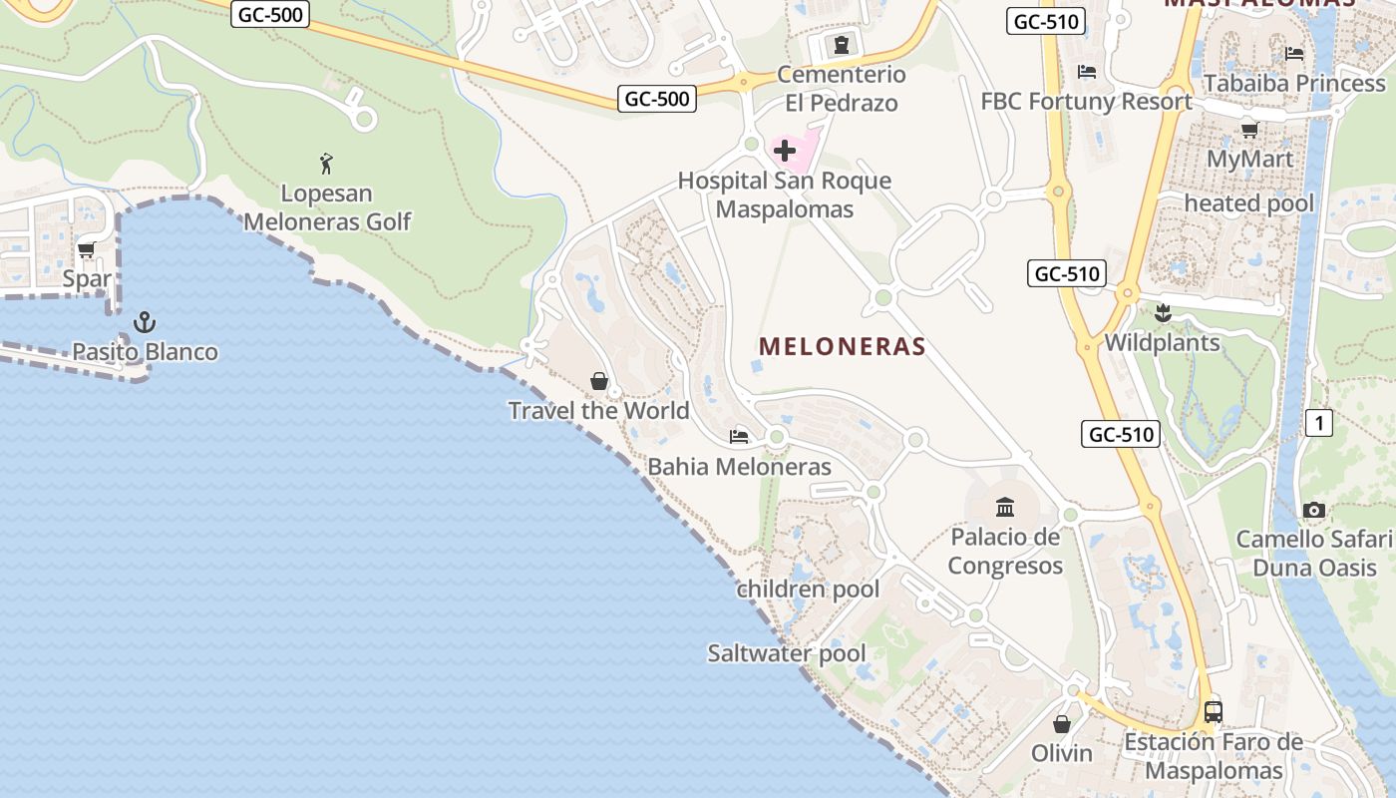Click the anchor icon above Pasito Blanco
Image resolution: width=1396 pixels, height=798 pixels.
(146, 321)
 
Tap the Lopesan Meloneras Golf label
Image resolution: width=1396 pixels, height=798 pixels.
(327, 207)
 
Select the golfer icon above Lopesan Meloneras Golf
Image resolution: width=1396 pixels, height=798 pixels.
(326, 163)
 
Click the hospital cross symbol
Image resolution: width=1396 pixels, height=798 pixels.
(785, 151)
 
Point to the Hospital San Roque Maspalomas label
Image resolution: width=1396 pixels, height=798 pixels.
(785, 196)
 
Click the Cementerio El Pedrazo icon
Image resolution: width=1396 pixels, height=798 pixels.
(842, 44)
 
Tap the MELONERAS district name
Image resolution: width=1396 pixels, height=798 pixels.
(843, 346)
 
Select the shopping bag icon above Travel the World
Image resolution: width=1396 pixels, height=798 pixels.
(599, 380)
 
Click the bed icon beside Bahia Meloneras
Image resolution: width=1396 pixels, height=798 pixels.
(739, 436)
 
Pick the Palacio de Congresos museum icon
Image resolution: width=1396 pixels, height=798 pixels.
(1005, 507)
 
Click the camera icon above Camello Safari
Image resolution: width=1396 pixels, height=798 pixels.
(1314, 510)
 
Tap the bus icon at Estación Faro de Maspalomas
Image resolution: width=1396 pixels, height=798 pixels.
(1214, 712)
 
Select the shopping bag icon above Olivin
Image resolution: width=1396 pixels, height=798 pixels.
(1062, 723)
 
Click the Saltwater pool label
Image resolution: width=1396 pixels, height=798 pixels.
(787, 653)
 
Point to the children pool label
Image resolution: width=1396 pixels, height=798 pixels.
(808, 590)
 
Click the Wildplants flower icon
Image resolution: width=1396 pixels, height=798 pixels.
(1162, 313)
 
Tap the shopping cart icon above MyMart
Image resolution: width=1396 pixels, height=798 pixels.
(1249, 129)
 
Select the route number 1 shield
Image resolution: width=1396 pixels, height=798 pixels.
(1319, 423)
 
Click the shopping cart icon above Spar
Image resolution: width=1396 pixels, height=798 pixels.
(87, 249)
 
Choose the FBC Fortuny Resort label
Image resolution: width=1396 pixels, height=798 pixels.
(1087, 101)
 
